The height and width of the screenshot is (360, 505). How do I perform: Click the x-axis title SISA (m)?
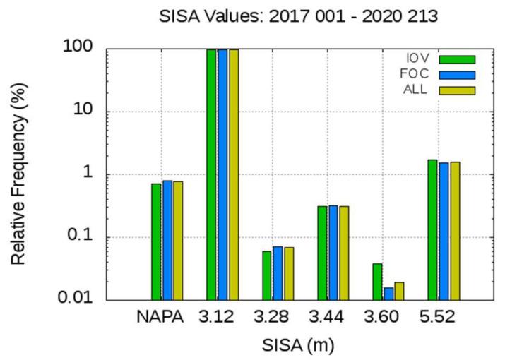point(297,345)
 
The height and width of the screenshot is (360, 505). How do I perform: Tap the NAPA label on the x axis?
point(160,318)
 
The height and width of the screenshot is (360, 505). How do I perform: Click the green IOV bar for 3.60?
point(377,282)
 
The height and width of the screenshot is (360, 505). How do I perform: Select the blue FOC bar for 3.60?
point(388,294)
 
